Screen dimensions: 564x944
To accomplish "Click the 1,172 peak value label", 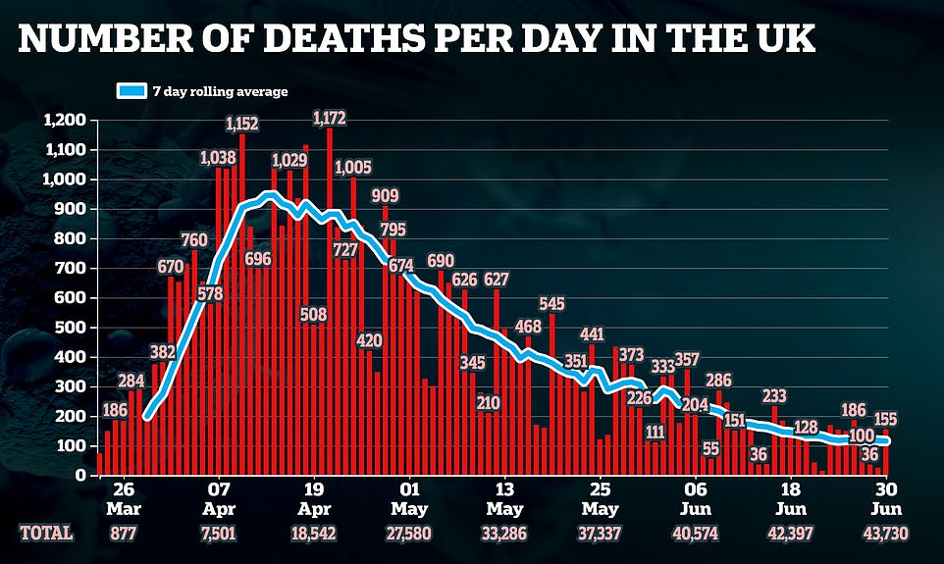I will pyautogui.click(x=329, y=119).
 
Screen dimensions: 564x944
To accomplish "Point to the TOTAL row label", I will pyautogui.click(x=46, y=533).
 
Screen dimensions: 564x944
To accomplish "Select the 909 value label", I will pyautogui.click(x=386, y=196).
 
